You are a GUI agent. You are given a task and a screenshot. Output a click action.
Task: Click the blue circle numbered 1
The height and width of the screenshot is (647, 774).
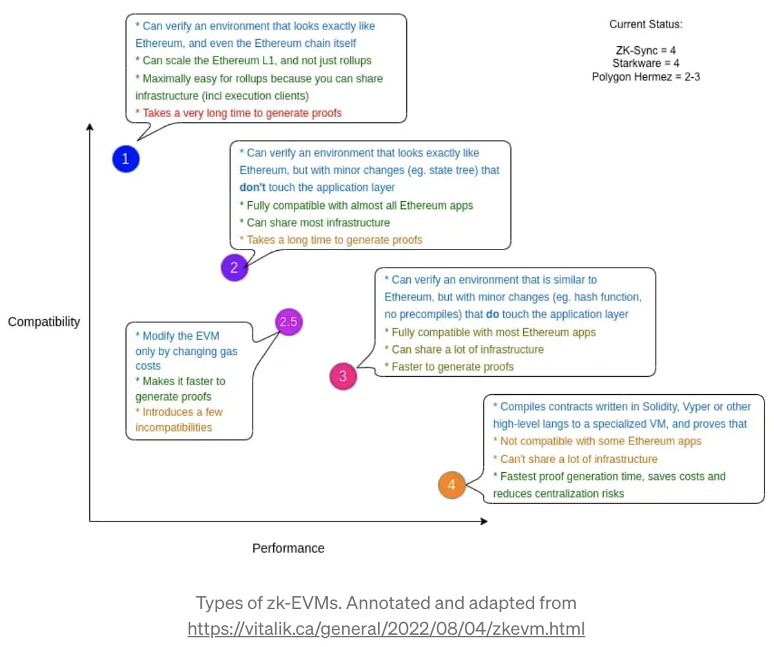click(125, 159)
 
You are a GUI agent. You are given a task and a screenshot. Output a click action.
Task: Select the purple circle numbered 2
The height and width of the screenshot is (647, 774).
click(234, 268)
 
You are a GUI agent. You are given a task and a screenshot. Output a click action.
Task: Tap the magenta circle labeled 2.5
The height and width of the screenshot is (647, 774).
click(289, 322)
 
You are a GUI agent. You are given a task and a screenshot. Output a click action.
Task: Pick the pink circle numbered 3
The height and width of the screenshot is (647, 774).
click(343, 376)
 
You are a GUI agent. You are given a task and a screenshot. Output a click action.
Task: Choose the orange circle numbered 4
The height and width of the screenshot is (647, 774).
click(451, 485)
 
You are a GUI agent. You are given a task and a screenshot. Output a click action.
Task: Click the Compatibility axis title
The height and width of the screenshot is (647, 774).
click(44, 322)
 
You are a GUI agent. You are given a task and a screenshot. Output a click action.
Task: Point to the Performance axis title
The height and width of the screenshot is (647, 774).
click(288, 548)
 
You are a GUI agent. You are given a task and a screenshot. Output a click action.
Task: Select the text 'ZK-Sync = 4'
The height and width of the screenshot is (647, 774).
click(645, 50)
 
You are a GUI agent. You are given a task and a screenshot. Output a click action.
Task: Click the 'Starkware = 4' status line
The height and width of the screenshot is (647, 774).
click(645, 63)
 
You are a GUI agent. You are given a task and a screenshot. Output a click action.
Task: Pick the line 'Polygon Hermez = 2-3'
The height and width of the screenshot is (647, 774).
click(645, 77)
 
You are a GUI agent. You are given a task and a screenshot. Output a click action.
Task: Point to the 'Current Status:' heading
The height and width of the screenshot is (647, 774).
click(645, 24)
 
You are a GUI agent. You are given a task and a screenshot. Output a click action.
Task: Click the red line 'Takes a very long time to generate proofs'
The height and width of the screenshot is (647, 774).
click(239, 113)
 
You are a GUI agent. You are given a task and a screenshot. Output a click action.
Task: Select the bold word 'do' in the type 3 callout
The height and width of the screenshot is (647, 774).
click(494, 314)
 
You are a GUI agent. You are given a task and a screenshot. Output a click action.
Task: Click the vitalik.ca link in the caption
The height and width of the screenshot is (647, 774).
click(386, 627)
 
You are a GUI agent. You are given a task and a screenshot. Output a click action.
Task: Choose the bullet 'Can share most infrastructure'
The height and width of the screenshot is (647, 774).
click(314, 223)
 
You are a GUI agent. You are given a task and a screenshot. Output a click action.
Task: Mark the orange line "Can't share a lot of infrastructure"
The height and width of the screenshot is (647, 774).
click(575, 459)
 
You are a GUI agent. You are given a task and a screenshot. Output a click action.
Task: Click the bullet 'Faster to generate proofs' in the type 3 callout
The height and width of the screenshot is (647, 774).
click(449, 367)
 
